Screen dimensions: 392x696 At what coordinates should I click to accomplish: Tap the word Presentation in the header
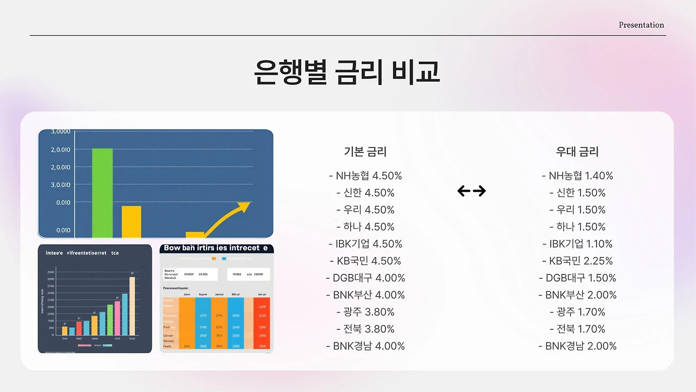point(641,25)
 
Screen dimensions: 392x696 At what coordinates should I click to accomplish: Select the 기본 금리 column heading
point(365,152)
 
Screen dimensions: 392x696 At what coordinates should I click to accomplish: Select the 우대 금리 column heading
point(577,152)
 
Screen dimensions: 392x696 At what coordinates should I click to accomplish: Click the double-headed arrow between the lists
point(471,191)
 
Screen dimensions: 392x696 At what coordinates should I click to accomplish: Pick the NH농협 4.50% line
point(365,176)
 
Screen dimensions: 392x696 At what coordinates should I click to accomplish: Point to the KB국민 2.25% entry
point(577,261)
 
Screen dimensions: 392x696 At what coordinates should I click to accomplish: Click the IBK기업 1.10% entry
point(577,244)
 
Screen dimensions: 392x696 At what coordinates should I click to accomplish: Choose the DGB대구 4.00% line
point(365,278)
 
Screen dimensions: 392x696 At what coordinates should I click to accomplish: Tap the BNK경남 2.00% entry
point(577,346)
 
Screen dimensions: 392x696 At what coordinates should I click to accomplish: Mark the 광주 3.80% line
point(365,312)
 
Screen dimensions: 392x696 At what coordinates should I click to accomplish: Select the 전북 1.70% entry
point(577,329)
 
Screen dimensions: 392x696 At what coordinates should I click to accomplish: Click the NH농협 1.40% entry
point(577,176)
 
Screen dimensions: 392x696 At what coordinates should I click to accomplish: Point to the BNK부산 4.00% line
point(365,295)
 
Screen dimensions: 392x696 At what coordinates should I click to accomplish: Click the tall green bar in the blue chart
point(102,193)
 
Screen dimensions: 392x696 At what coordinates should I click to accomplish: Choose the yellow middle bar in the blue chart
point(131,222)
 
